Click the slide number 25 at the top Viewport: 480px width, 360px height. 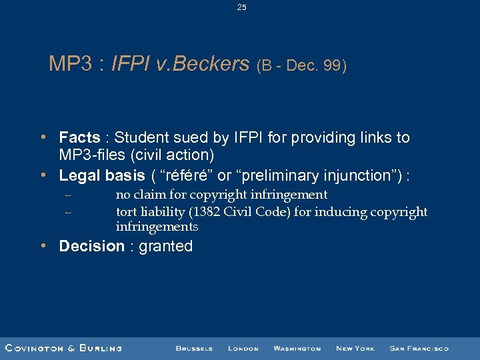[241, 7]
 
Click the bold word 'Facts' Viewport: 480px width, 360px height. [79, 138]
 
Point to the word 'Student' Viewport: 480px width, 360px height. [139, 138]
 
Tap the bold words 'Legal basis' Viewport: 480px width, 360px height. [101, 175]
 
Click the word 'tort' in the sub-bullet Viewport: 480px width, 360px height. [126, 212]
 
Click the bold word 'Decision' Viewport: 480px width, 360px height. [91, 246]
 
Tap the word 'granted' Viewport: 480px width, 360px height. [166, 247]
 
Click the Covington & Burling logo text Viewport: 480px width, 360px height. [63, 348]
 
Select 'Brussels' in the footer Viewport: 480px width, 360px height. [194, 348]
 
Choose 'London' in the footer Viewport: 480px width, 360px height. [243, 348]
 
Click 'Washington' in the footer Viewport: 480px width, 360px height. [297, 348]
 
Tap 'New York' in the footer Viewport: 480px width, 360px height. [355, 348]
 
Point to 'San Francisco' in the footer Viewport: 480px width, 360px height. [419, 348]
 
